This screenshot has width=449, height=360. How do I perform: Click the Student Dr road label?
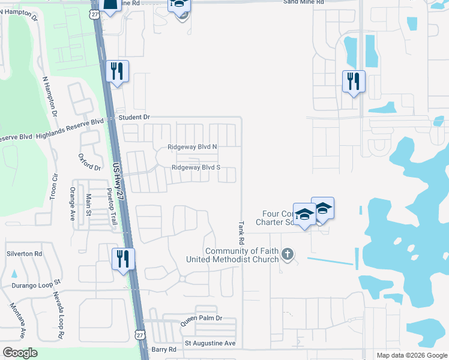(133, 117)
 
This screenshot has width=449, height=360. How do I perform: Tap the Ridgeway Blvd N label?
(192, 147)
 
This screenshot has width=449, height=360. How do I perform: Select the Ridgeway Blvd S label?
(196, 168)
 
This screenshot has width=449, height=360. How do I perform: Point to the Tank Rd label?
(241, 231)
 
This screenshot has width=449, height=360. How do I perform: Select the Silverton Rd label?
(25, 254)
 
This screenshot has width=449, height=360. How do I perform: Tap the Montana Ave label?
(17, 321)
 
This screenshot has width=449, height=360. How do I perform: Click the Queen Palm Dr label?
(202, 319)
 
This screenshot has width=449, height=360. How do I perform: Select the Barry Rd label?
(163, 349)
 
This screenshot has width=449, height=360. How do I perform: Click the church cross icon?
(288, 254)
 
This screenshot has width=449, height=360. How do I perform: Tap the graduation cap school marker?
(305, 217)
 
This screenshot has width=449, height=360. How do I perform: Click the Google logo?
(20, 353)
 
